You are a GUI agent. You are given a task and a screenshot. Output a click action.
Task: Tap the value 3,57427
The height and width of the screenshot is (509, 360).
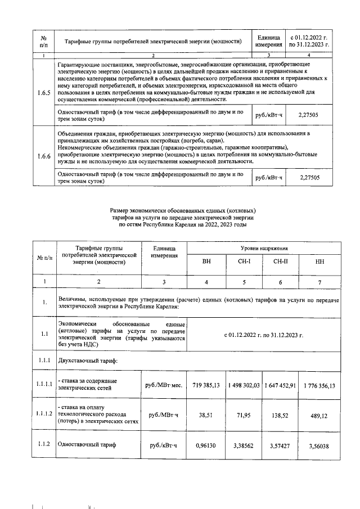(x=282, y=445)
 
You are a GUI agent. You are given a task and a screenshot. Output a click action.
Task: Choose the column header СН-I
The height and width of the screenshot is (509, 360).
(x=244, y=262)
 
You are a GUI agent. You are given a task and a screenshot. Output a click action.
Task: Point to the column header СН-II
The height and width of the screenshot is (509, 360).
(x=282, y=262)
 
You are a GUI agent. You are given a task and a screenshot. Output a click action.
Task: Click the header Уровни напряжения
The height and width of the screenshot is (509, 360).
(x=263, y=247)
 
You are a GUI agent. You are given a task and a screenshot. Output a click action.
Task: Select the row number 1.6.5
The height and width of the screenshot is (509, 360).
(x=42, y=92)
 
